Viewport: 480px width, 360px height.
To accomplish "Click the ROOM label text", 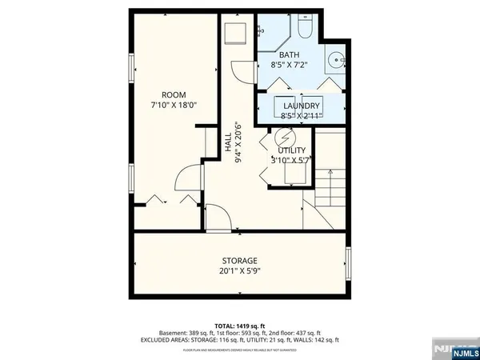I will (173, 94).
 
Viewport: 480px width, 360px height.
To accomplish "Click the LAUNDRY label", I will (300, 106).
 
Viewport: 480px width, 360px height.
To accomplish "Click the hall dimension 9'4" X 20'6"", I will (238, 142).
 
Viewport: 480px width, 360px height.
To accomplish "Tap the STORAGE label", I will (239, 262).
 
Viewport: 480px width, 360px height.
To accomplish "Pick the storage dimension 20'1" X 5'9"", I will (239, 272).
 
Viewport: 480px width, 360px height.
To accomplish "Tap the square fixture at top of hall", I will (235, 34).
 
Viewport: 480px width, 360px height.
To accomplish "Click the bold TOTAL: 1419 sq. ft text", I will (239, 325).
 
